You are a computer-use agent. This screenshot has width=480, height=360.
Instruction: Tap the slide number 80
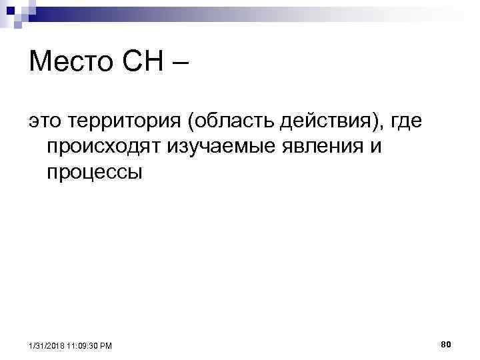pos(446,343)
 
